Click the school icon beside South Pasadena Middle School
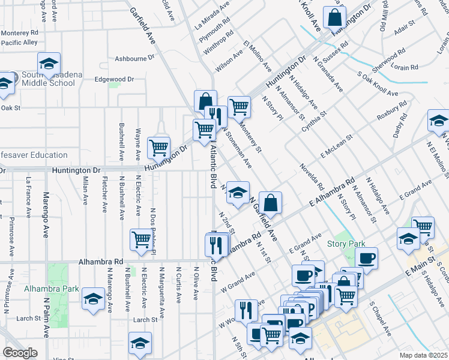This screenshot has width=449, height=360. point(49,64)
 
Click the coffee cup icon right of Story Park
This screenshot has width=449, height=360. point(366,259)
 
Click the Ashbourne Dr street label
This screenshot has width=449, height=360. point(135,58)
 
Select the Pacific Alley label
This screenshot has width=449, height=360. point(19,43)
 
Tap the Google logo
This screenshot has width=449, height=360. point(20,353)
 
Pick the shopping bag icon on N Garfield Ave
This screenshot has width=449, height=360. point(271,203)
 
